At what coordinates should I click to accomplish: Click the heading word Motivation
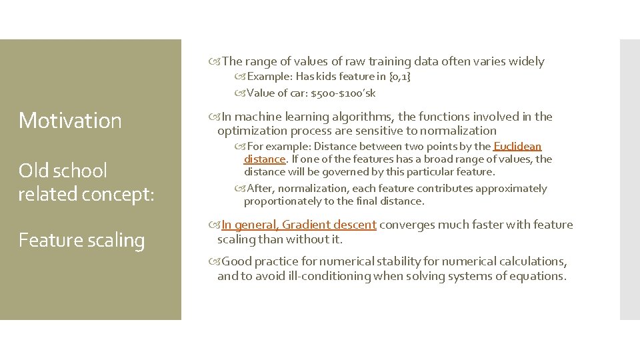(70, 121)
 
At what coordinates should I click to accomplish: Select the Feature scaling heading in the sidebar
(81, 240)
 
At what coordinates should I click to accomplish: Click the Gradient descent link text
(329, 225)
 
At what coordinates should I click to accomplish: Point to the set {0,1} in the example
(399, 77)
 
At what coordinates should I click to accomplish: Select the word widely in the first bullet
(526, 62)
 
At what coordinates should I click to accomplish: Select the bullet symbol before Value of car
(239, 93)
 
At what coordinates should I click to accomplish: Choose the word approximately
(513, 189)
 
